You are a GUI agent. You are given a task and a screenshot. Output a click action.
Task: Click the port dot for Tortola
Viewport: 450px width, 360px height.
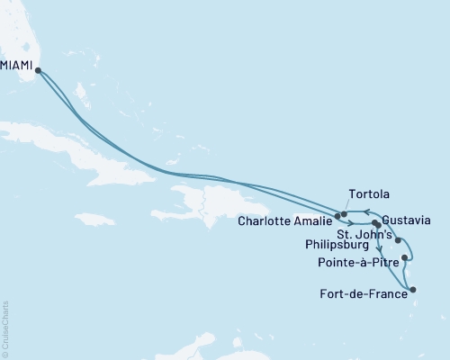point(344,213)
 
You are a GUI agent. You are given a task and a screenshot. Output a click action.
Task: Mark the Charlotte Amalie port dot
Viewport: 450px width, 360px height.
point(337,216)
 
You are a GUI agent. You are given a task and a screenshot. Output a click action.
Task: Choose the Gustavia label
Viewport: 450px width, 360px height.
point(406,220)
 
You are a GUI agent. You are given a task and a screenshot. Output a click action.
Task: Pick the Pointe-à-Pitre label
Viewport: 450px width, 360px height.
point(357,264)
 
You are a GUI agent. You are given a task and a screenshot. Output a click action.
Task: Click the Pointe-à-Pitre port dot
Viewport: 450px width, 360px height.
point(405,258)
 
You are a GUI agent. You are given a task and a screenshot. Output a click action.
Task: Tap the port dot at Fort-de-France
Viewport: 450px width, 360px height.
point(412,290)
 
